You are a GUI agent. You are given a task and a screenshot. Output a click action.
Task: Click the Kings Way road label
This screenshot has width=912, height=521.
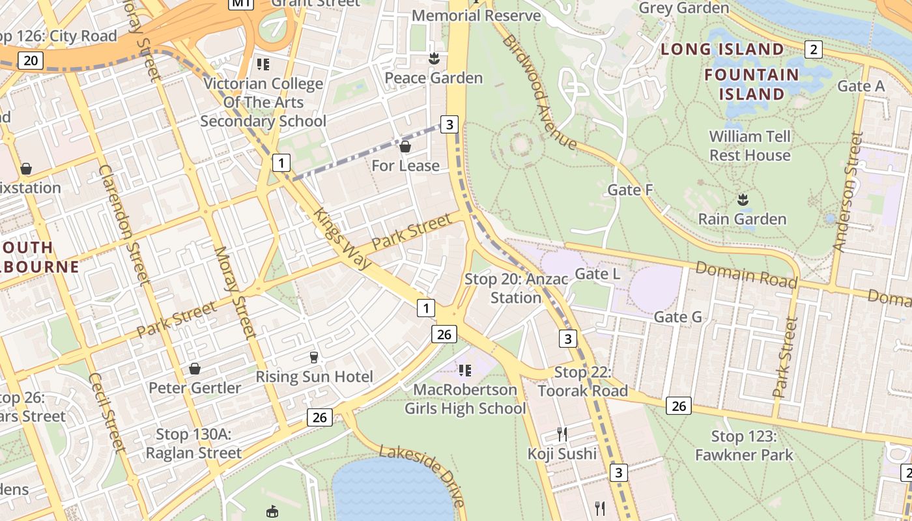342,239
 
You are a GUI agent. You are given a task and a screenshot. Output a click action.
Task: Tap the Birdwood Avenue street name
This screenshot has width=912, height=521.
539,92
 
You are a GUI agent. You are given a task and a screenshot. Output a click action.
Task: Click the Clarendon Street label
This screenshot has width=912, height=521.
124,225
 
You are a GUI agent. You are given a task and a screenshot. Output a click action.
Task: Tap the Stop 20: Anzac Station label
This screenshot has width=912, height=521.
516,289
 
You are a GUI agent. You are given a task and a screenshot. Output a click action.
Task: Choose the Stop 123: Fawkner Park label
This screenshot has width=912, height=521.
744,445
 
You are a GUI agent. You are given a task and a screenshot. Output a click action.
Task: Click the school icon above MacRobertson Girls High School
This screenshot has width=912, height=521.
464,371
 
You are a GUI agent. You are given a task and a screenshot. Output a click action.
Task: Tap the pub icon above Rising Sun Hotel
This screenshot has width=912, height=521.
314,357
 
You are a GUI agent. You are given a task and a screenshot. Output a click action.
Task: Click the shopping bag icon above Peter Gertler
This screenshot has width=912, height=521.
194,369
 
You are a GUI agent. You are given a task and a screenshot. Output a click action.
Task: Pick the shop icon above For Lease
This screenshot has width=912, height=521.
405,147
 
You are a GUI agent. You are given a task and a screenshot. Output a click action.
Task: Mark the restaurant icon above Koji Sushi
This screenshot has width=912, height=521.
562,434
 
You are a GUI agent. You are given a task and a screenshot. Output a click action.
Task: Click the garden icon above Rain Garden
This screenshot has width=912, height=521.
742,199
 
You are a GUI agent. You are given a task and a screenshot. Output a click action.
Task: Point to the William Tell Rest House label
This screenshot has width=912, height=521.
750,146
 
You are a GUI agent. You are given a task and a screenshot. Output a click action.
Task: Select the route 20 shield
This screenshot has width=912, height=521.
30,61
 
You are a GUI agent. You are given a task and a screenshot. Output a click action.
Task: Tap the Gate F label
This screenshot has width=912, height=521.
630,190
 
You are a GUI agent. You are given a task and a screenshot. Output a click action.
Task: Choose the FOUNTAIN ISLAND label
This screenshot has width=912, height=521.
751,85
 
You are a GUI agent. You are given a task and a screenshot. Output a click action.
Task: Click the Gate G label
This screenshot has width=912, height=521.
677,317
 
